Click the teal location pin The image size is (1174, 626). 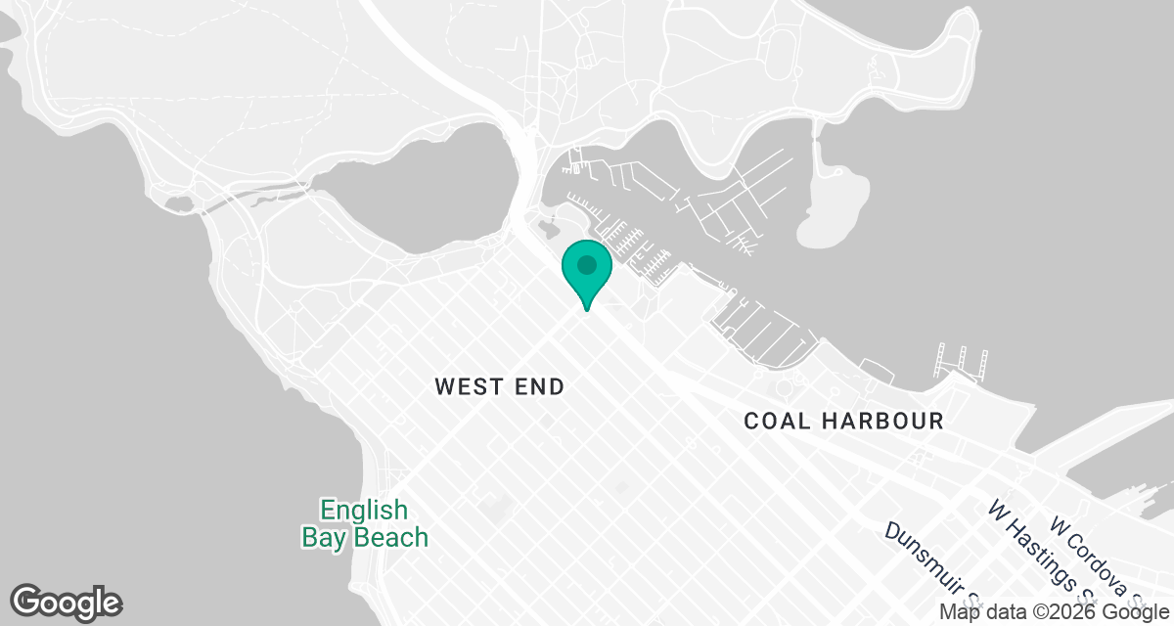pyautogui.click(x=586, y=273)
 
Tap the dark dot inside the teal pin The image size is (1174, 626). pyautogui.click(x=586, y=264)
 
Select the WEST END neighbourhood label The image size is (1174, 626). pyautogui.click(x=500, y=387)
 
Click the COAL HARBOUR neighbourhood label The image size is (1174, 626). pyautogui.click(x=843, y=422)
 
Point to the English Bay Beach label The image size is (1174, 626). pyautogui.click(x=364, y=524)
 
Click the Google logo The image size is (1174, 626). pyautogui.click(x=67, y=601)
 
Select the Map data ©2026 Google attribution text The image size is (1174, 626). pyautogui.click(x=1054, y=611)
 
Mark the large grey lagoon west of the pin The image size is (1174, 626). pyautogui.click(x=421, y=186)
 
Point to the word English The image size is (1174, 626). pyautogui.click(x=363, y=511)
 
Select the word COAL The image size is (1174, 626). pyautogui.click(x=779, y=422)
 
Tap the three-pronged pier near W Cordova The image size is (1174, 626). pyautogui.click(x=962, y=360)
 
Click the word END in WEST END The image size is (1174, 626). pyautogui.click(x=539, y=387)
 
